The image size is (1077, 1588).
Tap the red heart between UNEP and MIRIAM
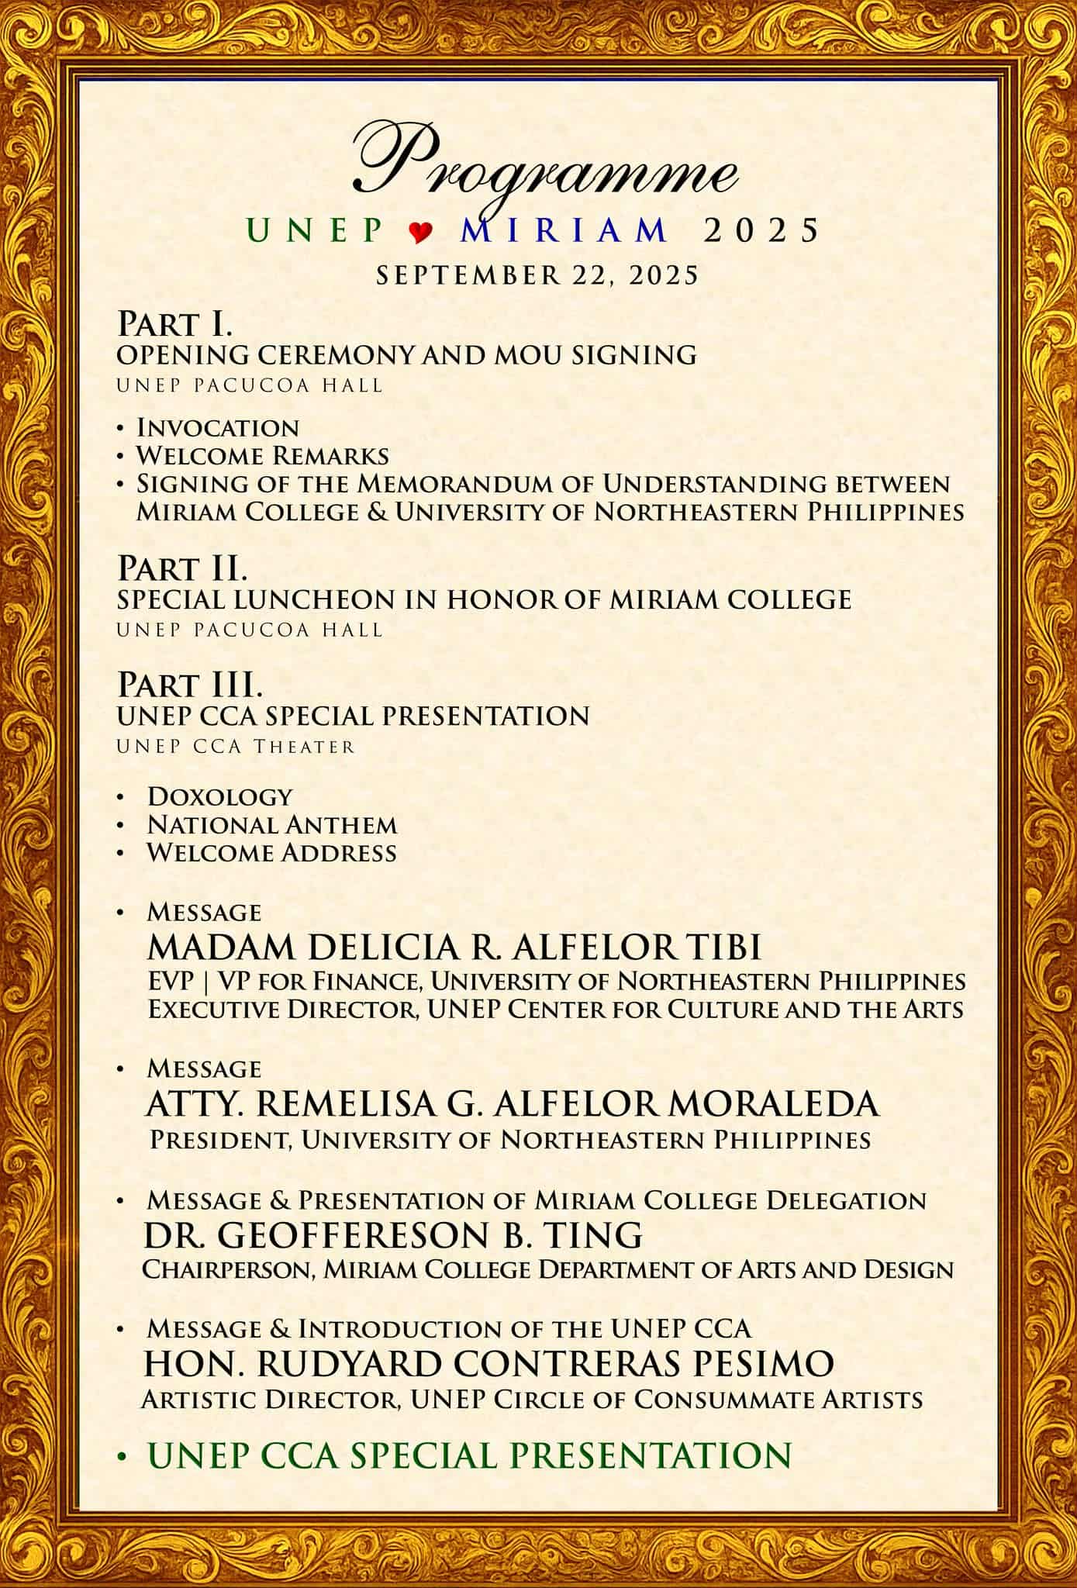(x=420, y=232)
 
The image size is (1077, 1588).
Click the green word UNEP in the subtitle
(x=314, y=230)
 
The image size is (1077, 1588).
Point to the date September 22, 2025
(x=537, y=275)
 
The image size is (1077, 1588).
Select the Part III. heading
(x=190, y=685)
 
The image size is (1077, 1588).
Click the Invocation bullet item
(x=218, y=427)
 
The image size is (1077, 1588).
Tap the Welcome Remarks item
(x=263, y=455)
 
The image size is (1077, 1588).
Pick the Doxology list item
(x=220, y=796)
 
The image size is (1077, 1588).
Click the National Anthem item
(x=272, y=824)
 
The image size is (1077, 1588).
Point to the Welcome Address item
(x=272, y=853)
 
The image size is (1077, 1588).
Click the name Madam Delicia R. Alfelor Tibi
(x=454, y=947)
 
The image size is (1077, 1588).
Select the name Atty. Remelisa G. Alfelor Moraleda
(x=513, y=1104)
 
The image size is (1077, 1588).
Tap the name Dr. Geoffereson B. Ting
(x=393, y=1234)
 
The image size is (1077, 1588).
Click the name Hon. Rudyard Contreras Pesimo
(x=489, y=1364)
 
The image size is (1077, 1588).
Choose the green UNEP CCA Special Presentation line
(x=470, y=1455)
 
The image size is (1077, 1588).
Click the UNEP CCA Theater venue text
(x=236, y=747)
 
